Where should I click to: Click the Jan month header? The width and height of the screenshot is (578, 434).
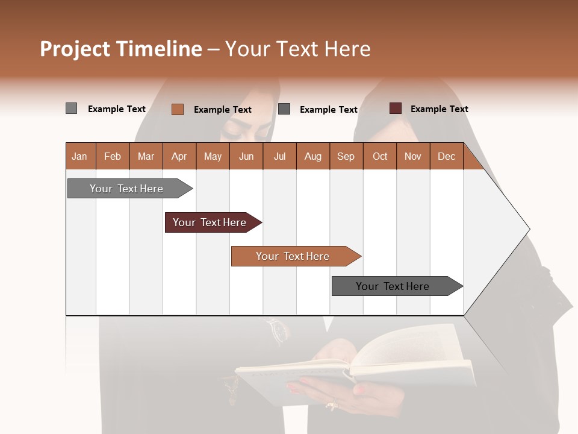[80, 156]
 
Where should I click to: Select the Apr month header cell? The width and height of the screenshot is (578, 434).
[179, 156]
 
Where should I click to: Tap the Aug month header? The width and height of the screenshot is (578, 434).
[313, 156]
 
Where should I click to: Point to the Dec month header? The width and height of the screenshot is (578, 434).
[446, 156]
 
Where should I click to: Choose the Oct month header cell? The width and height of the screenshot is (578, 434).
[380, 156]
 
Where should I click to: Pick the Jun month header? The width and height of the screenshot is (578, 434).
[246, 156]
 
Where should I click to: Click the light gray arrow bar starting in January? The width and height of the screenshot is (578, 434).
[127, 189]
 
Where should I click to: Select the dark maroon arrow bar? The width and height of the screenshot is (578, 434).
[210, 222]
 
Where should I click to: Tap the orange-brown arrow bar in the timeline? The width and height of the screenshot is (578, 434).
[293, 256]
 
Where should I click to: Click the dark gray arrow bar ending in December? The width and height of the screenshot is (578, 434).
[393, 286]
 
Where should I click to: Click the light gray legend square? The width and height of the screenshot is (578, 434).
[71, 108]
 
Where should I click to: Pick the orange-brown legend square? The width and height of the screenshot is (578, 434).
[177, 109]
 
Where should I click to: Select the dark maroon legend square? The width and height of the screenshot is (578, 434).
[395, 108]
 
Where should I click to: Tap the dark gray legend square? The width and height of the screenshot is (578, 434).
[284, 109]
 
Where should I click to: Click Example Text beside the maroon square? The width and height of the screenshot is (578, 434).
[439, 109]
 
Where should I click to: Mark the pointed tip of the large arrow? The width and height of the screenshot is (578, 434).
[529, 229]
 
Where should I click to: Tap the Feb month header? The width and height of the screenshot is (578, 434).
[113, 156]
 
